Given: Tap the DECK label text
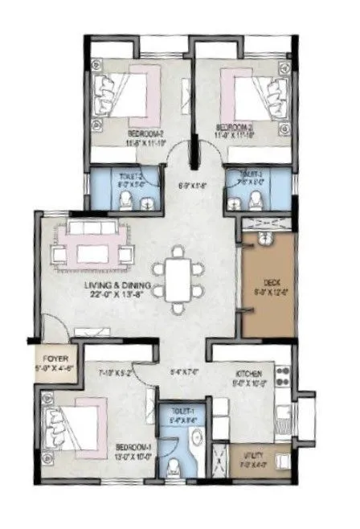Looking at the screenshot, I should [272, 283].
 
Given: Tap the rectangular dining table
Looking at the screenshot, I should [180, 275].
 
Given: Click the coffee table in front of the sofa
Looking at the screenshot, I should [96, 254].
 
